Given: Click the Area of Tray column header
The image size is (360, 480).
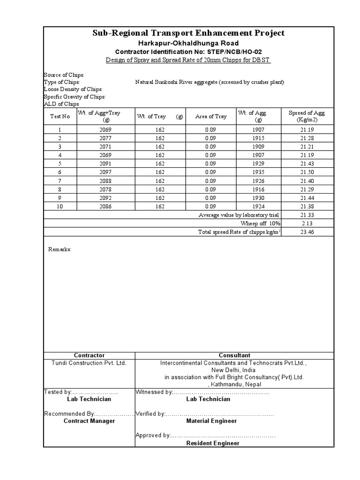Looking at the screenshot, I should (211, 117).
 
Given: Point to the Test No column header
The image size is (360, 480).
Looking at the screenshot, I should (60, 117).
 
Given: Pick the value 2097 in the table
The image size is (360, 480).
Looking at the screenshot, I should (106, 172).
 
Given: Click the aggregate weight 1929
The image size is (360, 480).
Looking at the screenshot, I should (258, 164).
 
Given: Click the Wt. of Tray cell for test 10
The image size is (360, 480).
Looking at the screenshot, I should (160, 206).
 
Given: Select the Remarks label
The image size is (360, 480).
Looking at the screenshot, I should (60, 249).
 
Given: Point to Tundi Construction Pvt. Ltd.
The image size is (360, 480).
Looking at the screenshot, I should (89, 363).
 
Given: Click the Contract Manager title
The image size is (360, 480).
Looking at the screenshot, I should (89, 421).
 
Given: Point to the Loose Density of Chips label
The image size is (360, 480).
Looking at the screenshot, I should (73, 89).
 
